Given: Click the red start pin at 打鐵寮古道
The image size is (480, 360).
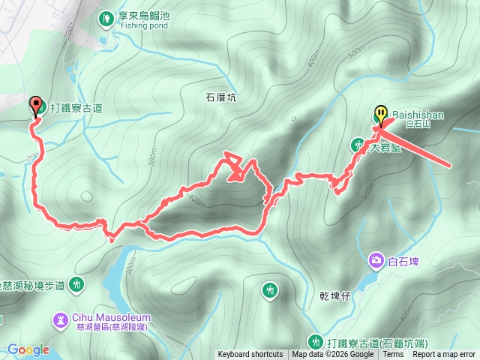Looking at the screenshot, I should point(34,106).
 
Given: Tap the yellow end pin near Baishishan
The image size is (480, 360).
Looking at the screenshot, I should point(381,115).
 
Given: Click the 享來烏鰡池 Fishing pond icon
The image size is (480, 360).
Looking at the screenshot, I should point(106,16).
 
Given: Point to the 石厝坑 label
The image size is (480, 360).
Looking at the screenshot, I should point(220,97).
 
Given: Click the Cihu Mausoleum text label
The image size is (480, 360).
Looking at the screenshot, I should point(102,316).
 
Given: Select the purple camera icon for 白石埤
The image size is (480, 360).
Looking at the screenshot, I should point(375,261).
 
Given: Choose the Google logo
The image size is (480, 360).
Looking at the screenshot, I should point(28,349).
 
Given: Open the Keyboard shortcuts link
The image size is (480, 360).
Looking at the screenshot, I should point(250,355).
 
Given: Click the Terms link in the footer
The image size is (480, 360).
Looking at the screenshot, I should point(393,355).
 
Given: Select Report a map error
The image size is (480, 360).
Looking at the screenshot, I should point(444,355).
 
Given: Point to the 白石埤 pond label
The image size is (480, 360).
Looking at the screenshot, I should point(403,262).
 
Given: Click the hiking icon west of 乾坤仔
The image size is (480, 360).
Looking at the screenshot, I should point(270,289).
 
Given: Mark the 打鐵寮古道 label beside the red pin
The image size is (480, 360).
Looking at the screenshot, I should point(77,108).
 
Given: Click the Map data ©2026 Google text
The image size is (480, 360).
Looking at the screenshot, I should point(332,355).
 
